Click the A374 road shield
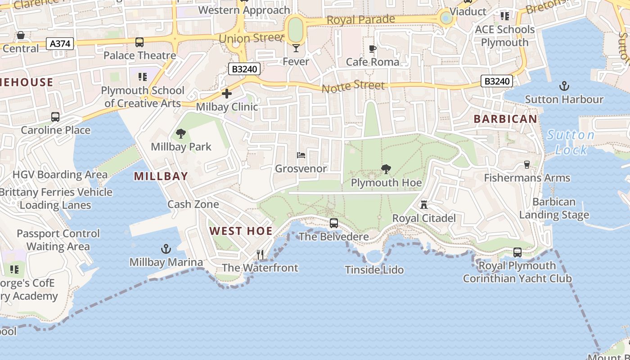click(60, 44)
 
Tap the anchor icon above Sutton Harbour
click(564, 85)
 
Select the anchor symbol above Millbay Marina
click(166, 249)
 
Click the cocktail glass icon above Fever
click(296, 48)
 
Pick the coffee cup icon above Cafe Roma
click(372, 48)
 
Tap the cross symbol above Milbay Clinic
click(227, 94)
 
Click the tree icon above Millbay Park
click(181, 133)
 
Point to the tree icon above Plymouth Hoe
click(386, 169)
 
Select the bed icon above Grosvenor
click(301, 155)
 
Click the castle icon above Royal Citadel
click(423, 205)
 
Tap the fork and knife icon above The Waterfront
click(260, 255)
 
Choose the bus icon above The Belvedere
click(334, 223)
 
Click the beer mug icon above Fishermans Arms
click(527, 165)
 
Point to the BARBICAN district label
click(505, 119)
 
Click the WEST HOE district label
click(241, 231)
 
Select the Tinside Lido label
click(374, 270)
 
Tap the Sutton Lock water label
click(571, 142)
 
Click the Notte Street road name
click(353, 86)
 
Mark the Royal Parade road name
click(361, 20)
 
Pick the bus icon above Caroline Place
click(55, 117)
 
